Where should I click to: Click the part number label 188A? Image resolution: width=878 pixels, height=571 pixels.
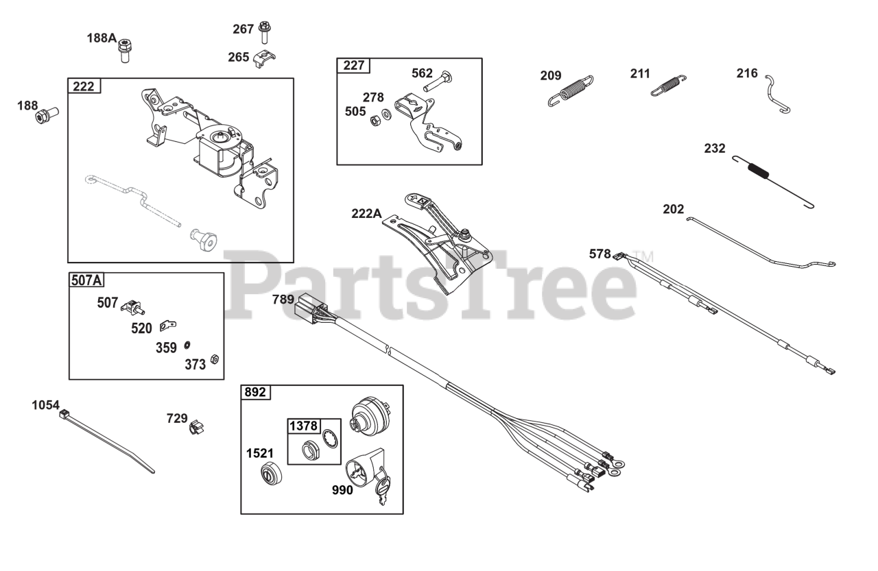101,38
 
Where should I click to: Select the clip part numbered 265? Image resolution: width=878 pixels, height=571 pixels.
263,59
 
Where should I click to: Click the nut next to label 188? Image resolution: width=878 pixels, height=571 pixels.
46,115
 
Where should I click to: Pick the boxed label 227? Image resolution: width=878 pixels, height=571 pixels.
353,66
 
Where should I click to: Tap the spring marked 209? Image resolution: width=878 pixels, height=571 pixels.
571,90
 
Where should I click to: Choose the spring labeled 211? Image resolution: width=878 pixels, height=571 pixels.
669,85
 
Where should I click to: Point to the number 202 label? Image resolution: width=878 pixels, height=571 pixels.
673,209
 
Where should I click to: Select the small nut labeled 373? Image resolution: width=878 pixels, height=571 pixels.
214,359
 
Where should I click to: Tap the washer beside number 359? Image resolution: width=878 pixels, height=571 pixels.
187,343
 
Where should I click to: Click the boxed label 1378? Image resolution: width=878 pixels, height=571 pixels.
303,426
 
